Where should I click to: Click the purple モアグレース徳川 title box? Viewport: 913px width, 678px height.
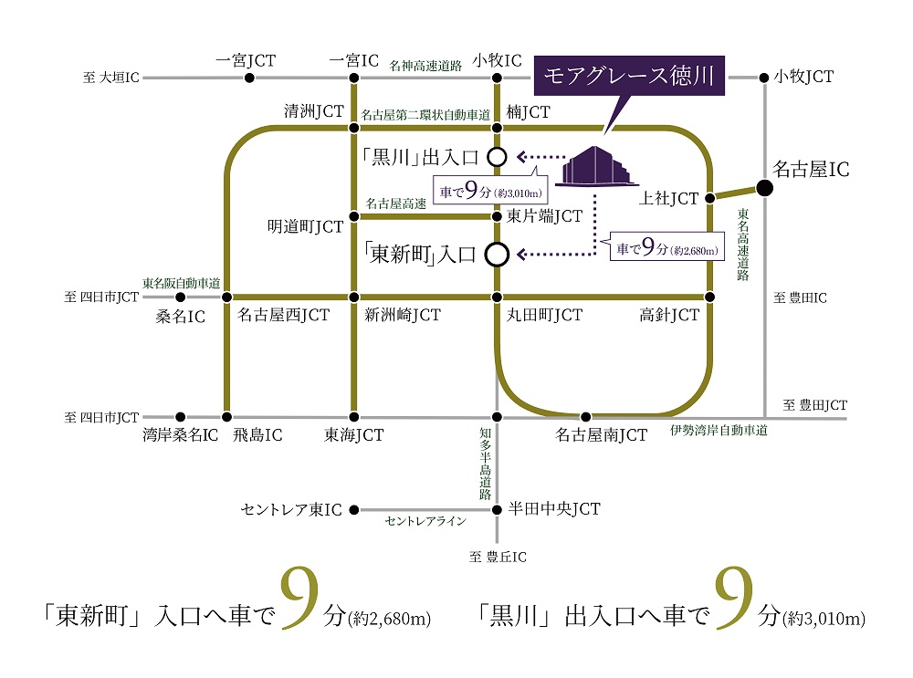[x=629, y=76]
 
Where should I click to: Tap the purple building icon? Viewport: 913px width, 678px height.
[x=596, y=166]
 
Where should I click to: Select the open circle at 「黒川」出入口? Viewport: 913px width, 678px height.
[x=497, y=157]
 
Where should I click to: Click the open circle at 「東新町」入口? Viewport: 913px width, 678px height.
[x=497, y=255]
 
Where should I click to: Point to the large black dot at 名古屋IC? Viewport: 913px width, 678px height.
[x=764, y=188]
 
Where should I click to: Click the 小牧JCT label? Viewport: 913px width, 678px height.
[x=803, y=77]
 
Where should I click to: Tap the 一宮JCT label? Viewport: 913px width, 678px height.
[x=245, y=60]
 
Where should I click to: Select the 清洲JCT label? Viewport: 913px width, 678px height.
[x=314, y=110]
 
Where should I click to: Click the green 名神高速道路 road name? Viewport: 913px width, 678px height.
[x=425, y=65]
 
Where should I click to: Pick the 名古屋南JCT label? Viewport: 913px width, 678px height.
[x=601, y=434]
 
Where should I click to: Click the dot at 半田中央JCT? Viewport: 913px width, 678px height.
[x=497, y=510]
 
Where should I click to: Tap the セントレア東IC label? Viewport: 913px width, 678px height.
[x=291, y=510]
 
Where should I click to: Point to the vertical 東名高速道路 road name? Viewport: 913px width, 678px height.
[x=743, y=245]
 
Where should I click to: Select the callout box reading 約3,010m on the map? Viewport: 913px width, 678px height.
[x=490, y=189]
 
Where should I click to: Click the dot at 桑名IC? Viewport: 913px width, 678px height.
[x=181, y=297]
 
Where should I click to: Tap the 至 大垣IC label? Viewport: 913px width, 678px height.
[x=110, y=78]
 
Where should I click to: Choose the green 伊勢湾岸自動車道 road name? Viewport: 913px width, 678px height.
[x=719, y=430]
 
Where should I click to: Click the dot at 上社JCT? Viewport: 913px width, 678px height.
[x=709, y=198]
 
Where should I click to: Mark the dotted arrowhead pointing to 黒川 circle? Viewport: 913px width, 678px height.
[x=521, y=157]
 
